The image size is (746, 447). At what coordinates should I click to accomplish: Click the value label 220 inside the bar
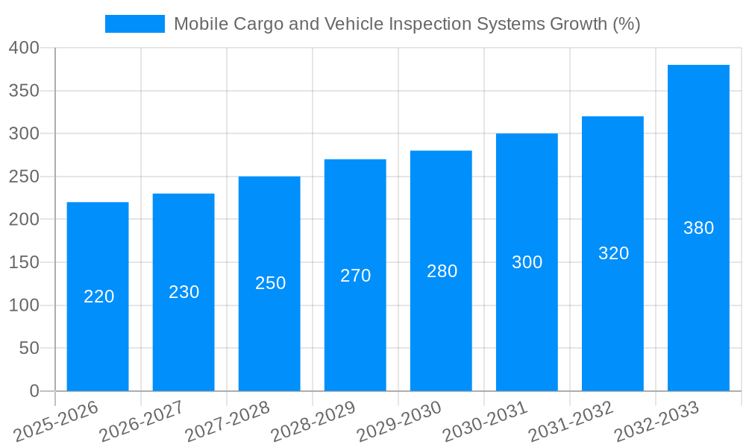point(98,297)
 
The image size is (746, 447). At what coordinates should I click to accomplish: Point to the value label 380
point(698,228)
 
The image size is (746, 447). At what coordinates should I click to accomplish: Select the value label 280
point(442,271)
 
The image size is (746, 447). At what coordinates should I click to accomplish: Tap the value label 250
point(270,283)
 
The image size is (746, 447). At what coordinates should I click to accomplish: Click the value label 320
point(613,253)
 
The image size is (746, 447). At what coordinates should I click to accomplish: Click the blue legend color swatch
point(135,24)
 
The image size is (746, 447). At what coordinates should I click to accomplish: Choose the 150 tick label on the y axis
point(24,262)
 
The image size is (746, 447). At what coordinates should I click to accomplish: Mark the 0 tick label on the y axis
point(34,391)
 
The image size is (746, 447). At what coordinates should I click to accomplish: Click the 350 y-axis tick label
point(24,91)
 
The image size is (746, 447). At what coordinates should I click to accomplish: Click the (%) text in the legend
point(625,24)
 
